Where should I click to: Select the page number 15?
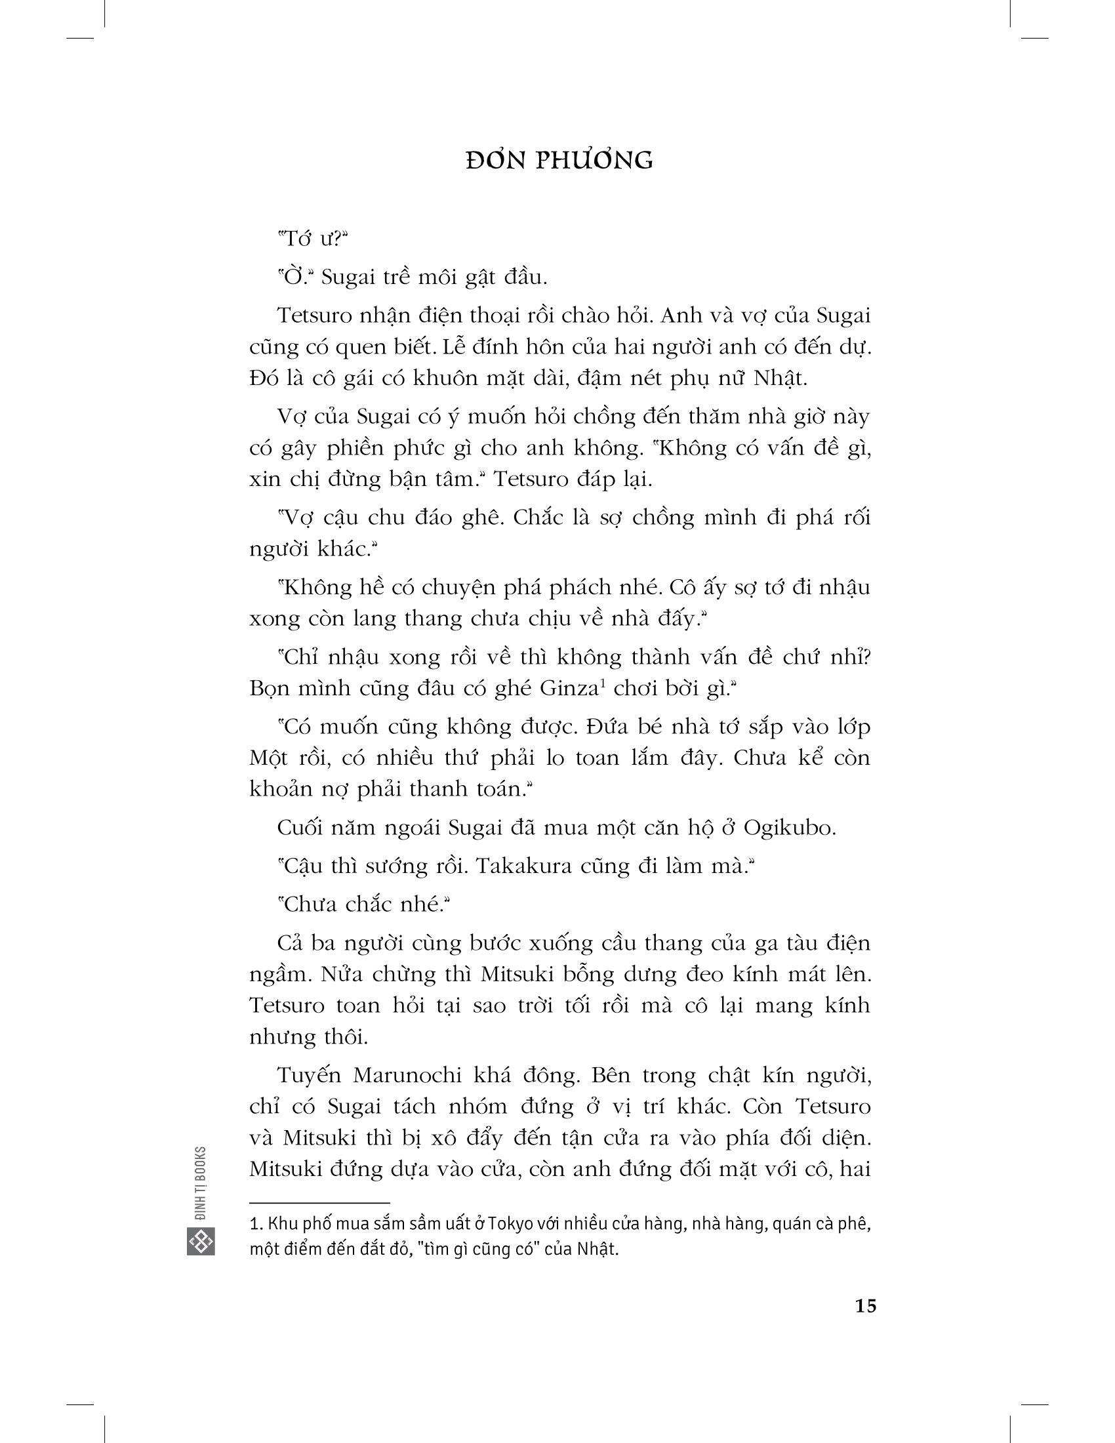tap(865, 1306)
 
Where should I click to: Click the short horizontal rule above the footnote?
tap(319, 1203)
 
